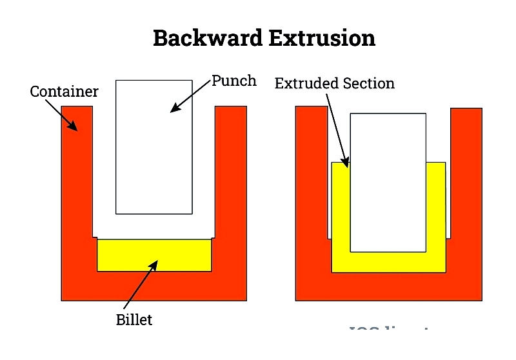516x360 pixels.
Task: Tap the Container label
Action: click(x=64, y=92)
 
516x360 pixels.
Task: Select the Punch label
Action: click(x=234, y=81)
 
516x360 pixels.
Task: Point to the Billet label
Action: click(x=134, y=319)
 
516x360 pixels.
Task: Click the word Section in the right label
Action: click(x=369, y=83)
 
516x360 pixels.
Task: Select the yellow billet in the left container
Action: click(x=154, y=255)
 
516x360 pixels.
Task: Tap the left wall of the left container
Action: click(x=77, y=194)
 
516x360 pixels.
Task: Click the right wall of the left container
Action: click(x=231, y=194)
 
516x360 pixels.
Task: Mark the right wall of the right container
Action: click(x=466, y=194)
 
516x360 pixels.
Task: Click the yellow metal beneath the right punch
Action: click(x=388, y=262)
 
